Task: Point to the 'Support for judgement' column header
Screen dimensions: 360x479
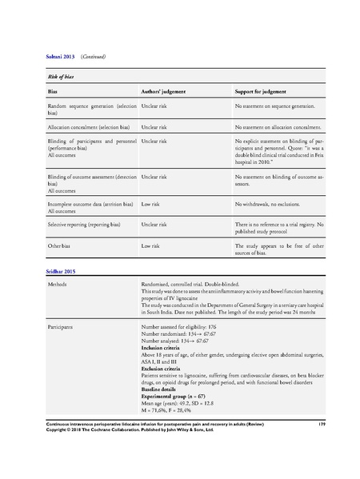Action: coord(267,93)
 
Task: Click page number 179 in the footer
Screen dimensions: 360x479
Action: coord(320,443)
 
